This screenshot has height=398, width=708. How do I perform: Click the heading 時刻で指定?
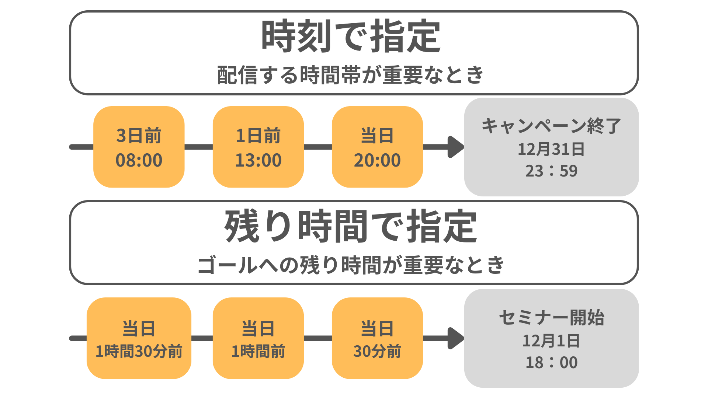click(351, 36)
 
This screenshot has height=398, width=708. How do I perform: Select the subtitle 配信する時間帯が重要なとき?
click(350, 75)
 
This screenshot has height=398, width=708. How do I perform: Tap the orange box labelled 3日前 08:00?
click(139, 147)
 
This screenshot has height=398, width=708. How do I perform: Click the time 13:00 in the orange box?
click(258, 160)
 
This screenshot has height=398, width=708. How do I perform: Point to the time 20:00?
click(377, 160)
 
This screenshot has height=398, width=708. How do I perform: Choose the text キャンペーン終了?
click(551, 126)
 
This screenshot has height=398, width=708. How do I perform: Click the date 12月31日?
click(551, 149)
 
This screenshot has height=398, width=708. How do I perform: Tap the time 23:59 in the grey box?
click(551, 171)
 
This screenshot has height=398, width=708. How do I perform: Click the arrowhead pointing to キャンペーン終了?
click(456, 147)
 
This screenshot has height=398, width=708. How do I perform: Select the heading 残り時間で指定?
click(351, 226)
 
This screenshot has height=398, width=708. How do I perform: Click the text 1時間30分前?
click(139, 351)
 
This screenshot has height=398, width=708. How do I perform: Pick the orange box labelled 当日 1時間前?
click(258, 338)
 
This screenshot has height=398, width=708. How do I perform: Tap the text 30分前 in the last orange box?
click(377, 351)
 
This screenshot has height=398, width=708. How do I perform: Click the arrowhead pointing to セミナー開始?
click(456, 338)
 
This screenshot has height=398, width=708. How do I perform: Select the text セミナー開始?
click(551, 318)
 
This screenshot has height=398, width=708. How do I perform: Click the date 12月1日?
click(551, 341)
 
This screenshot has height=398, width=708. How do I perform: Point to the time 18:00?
click(551, 363)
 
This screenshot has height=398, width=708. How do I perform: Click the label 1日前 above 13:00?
click(258, 136)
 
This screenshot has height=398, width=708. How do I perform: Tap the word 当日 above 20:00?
click(377, 136)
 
